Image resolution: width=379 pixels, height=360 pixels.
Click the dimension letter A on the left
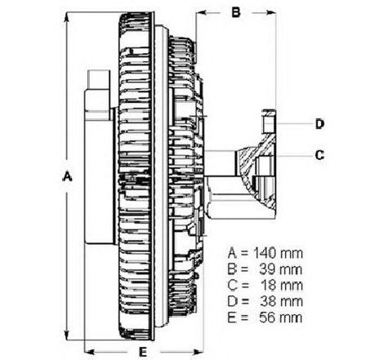coord(67,176)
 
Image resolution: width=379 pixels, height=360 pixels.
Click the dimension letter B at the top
coord(236,12)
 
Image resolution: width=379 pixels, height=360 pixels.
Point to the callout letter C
coord(319,155)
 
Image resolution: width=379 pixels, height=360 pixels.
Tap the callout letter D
coord(319,124)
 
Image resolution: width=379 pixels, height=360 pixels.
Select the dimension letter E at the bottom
coord(143,352)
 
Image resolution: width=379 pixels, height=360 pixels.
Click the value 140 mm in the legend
coord(278,253)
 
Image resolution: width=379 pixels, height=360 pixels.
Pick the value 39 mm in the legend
coord(281,269)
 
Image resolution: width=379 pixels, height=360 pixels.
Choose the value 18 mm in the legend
coord(282,286)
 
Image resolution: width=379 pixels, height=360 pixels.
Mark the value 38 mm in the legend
coord(281,301)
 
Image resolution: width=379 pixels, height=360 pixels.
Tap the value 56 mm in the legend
coord(281,318)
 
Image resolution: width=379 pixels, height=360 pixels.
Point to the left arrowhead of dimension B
coord(202,12)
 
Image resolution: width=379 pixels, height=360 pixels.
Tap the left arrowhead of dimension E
coord(91,352)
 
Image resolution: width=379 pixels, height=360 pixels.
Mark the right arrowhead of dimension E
coord(197,352)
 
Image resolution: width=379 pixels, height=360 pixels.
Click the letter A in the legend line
coord(232,253)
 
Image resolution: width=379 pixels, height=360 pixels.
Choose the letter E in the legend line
coord(231,318)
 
